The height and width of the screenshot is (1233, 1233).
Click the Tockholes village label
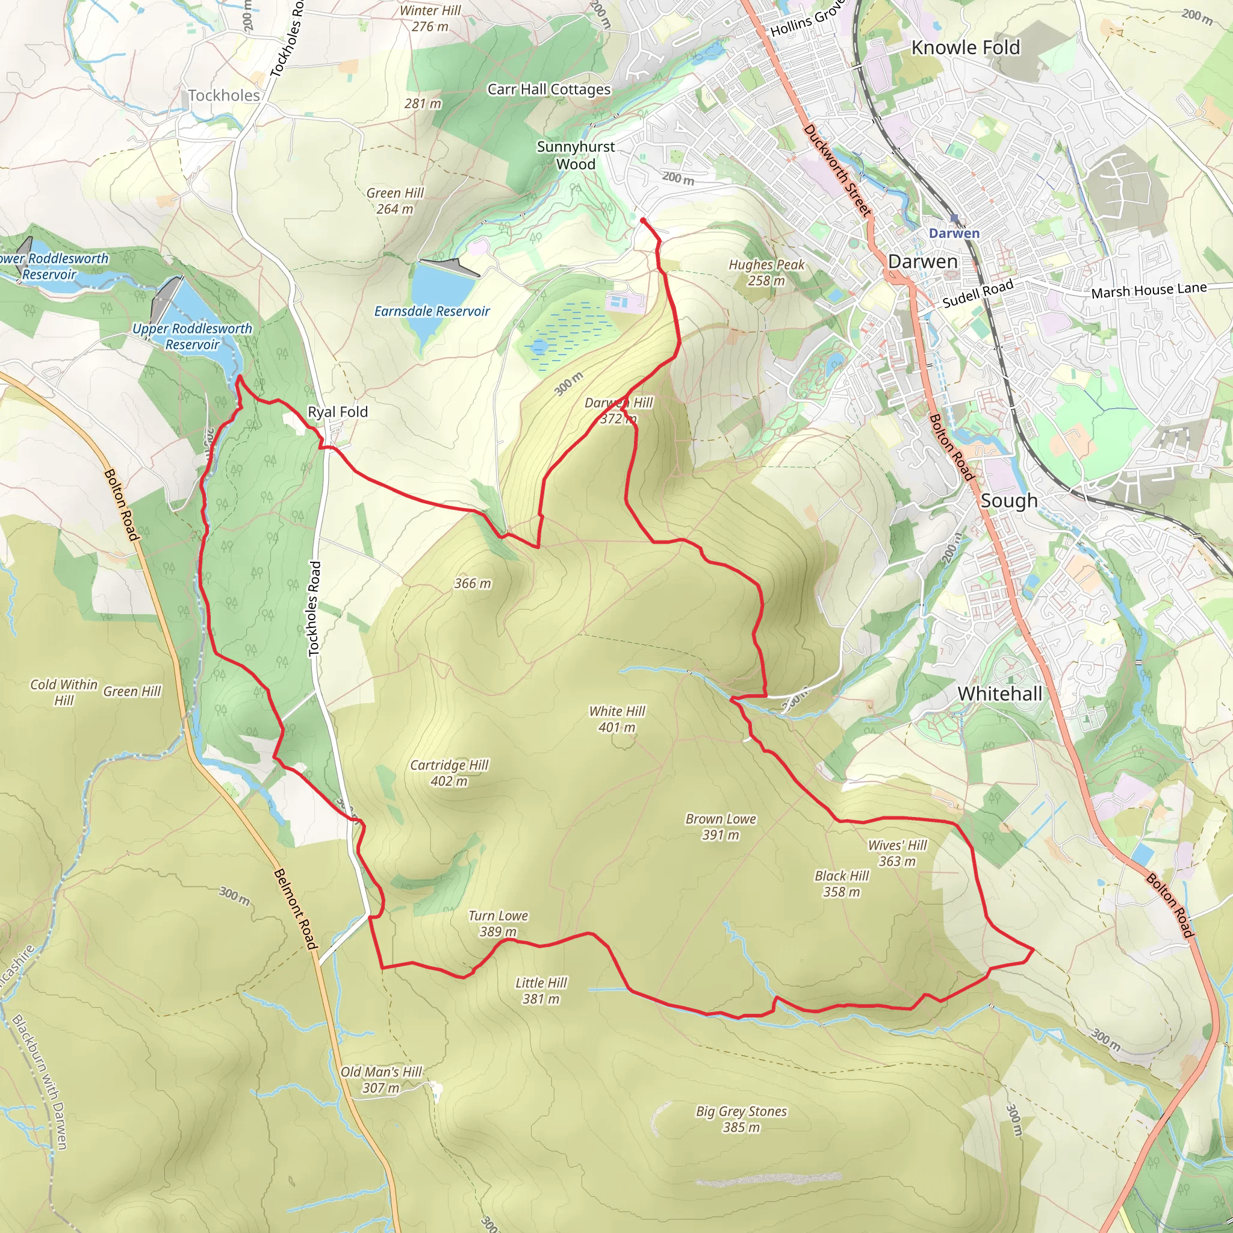(224, 96)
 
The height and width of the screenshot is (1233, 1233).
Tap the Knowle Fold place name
(965, 48)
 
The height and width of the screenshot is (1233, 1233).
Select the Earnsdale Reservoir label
(432, 311)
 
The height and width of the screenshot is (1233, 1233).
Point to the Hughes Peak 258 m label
(766, 273)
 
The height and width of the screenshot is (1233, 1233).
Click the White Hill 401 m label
(616, 719)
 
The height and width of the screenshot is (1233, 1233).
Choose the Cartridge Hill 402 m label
(449, 773)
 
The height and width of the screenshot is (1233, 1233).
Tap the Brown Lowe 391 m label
(721, 827)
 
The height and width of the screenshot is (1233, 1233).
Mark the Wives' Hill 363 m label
(896, 853)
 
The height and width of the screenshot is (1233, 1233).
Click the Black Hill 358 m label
(841, 883)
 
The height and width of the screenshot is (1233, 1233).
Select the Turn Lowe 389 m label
(498, 924)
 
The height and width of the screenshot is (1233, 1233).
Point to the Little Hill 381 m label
(541, 990)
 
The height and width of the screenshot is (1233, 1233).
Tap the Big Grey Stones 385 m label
(741, 1119)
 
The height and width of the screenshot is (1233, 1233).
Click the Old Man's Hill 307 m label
(381, 1079)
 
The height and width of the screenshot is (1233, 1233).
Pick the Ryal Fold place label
(338, 412)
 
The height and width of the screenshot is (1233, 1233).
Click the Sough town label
(1008, 500)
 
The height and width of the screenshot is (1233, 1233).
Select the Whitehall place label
(999, 694)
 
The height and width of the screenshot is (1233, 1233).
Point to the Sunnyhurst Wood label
(576, 155)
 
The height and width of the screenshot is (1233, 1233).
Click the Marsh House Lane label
(1148, 290)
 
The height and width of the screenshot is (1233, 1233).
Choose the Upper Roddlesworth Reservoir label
(192, 337)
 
